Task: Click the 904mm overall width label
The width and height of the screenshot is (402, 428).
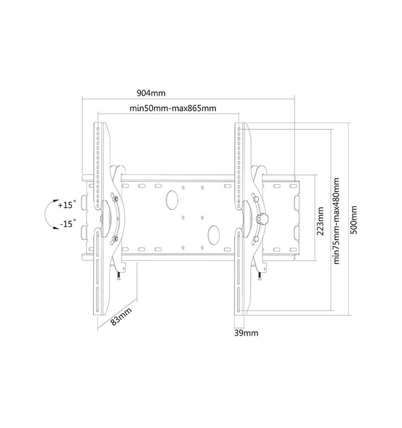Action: pos(151,93)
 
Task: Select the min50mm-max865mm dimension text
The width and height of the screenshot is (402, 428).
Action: pos(173,108)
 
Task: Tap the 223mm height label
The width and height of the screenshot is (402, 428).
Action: pos(320,221)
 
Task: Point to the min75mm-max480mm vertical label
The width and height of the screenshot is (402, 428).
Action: pos(336,221)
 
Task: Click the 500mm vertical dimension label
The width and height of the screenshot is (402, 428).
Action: pos(354,220)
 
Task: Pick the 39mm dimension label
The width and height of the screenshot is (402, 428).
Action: pos(246,333)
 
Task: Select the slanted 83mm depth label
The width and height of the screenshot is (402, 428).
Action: pos(121,316)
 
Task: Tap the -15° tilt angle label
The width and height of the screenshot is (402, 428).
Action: pos(68,223)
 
